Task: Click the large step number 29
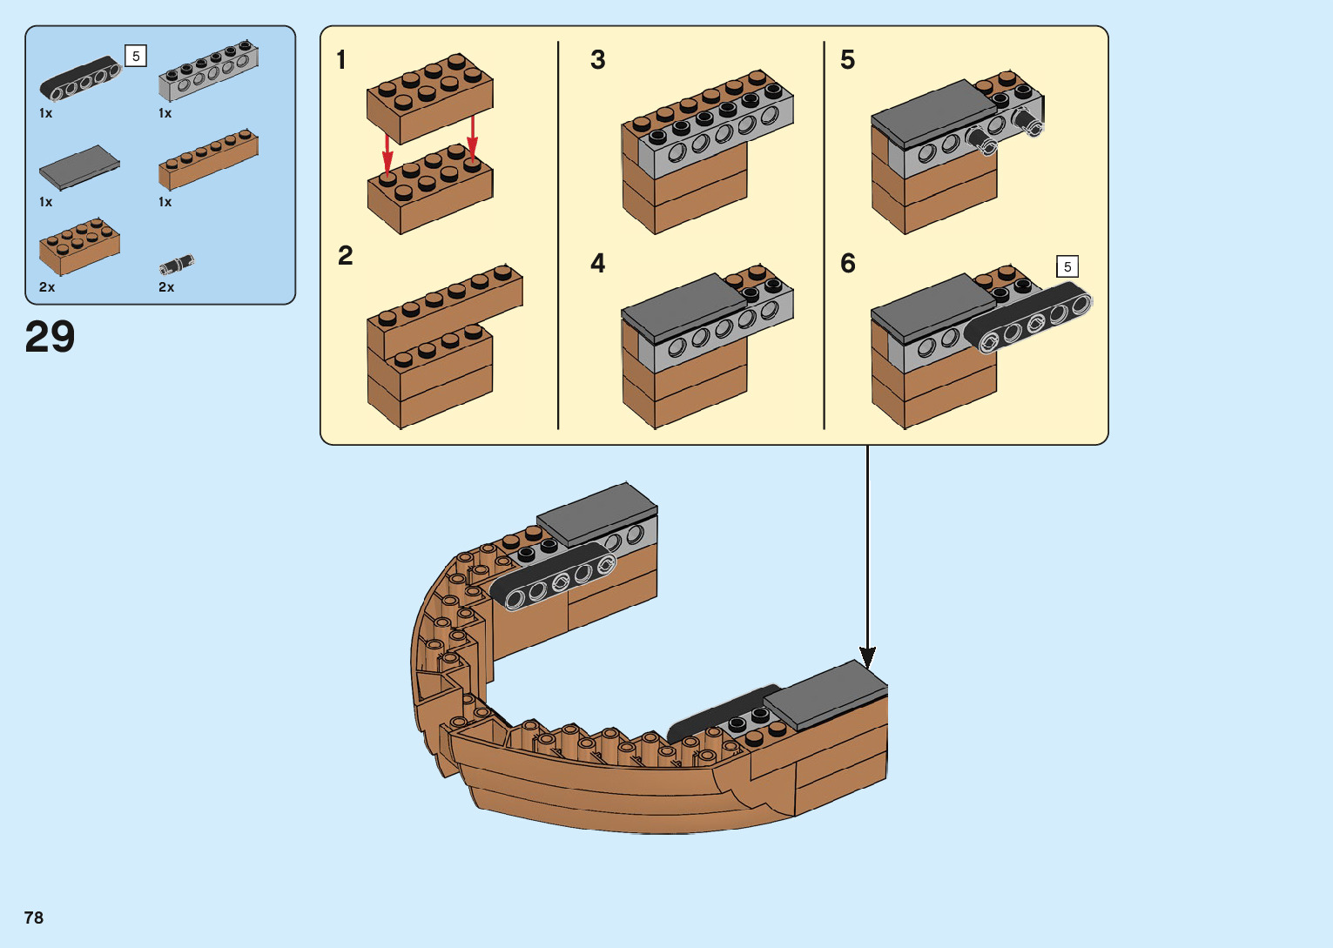(50, 337)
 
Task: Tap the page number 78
(34, 918)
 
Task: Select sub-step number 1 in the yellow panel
(341, 60)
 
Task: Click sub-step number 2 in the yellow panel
(346, 256)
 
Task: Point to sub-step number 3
(597, 60)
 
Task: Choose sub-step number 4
(597, 263)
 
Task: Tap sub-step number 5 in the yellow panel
(847, 60)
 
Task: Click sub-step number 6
(847, 263)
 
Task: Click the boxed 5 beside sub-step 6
(1067, 266)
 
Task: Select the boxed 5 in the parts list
(136, 56)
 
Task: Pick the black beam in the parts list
(79, 78)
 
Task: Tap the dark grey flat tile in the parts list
(79, 166)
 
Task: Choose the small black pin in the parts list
(177, 264)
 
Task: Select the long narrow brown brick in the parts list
(208, 159)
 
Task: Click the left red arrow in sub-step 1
(387, 152)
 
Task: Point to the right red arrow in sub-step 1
(472, 138)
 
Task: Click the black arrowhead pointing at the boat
(867, 658)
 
